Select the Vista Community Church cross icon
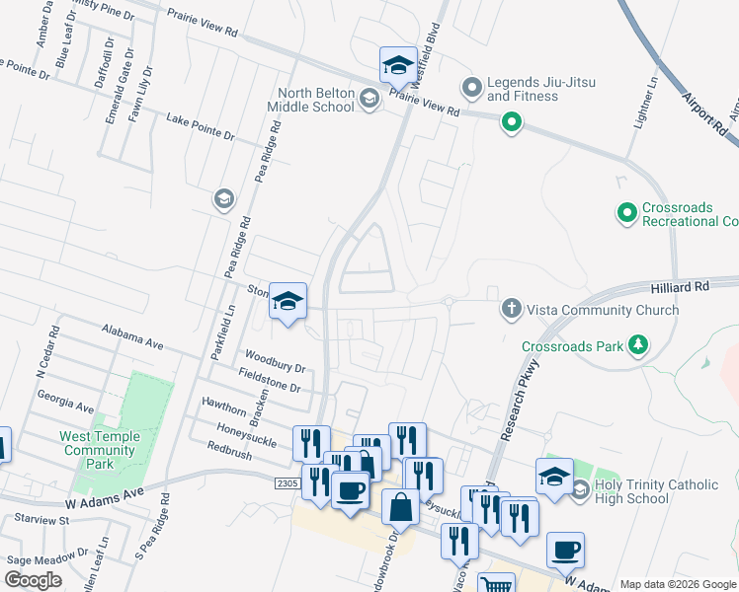pos(512,310)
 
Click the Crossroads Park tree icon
pos(639,345)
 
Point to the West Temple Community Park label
pos(100,450)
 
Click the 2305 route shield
pos(287,482)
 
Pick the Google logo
pos(34,579)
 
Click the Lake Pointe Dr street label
pos(201,126)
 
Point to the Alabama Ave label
pos(132,336)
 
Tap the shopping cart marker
pos(495,584)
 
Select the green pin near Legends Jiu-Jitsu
pos(512,123)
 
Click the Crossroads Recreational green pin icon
pos(626,213)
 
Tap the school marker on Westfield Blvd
pos(397,65)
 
